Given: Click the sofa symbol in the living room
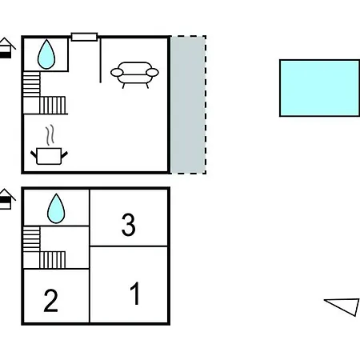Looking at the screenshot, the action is (134, 74).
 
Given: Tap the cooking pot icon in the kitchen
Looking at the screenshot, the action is (49, 156).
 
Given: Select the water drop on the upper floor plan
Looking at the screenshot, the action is (46, 54).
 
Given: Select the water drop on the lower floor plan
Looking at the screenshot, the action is (56, 209).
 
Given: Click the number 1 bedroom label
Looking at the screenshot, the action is (135, 294).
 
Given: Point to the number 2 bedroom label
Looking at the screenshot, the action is (50, 301).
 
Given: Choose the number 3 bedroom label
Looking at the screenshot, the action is (129, 225).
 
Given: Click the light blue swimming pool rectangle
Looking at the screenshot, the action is (319, 88).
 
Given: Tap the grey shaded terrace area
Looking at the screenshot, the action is (188, 105).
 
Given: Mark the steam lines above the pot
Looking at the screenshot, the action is (50, 135).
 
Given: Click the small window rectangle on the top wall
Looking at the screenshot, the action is (84, 37).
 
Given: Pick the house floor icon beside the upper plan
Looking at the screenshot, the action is (6, 48).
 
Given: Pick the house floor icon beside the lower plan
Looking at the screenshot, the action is (6, 199).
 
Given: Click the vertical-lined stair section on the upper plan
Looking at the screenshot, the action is (53, 106).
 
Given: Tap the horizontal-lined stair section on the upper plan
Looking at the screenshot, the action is (31, 84).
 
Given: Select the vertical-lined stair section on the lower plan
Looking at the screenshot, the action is (53, 260).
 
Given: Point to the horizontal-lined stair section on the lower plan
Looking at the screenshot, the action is (31, 239).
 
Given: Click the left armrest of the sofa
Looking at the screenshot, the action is (117, 72).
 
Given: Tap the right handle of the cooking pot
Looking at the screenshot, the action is (65, 154).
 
